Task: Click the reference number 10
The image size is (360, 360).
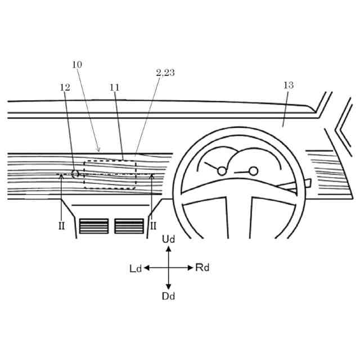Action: coord(77,65)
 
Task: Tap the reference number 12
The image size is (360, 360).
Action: coord(65,87)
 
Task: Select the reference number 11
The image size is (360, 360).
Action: coord(114,87)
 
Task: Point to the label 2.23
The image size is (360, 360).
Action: coord(165,72)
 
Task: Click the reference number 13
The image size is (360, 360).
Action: coord(289,85)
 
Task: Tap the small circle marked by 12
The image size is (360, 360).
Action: coord(75,173)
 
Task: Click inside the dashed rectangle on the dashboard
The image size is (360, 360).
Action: coord(110,174)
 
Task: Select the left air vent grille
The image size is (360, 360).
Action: coord(94,226)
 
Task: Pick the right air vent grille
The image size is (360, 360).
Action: coord(129,226)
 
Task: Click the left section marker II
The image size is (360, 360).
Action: coord(61,226)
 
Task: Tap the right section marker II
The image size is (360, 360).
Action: coord(152,226)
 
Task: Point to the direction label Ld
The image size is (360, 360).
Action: coord(135,268)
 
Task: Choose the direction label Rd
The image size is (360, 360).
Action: coord(202,268)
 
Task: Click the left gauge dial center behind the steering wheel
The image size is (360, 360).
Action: coord(222,170)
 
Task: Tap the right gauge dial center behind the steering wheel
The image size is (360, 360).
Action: coord(254,170)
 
